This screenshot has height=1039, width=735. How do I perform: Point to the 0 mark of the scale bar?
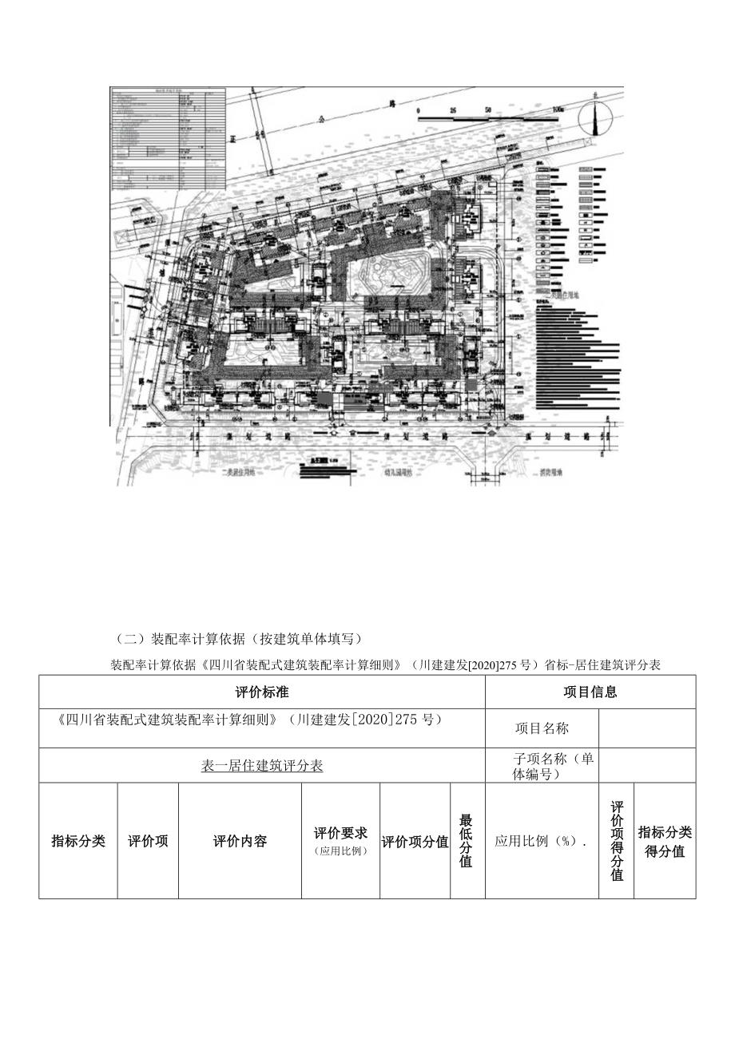coord(418,109)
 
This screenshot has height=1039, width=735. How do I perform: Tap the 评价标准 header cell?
coord(262,692)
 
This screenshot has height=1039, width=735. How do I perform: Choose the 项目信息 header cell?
coord(590,692)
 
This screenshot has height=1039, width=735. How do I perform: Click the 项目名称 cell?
coord(542,728)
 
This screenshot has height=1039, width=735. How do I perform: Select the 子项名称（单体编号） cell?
coord(542,766)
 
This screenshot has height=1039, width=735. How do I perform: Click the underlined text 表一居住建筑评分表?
coord(262,766)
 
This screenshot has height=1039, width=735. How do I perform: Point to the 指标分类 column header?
coord(78,841)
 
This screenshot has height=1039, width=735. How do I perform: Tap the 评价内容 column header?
coord(240,841)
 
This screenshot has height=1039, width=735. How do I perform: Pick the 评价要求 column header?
coord(340,841)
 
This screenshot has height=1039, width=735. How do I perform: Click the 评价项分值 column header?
coord(415,842)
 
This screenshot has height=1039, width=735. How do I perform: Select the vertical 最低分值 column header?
coord(467,841)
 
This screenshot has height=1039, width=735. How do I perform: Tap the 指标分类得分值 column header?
coord(665,842)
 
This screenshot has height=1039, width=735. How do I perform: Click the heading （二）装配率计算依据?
coord(240,638)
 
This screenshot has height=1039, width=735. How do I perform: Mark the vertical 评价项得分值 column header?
coord(617,841)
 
